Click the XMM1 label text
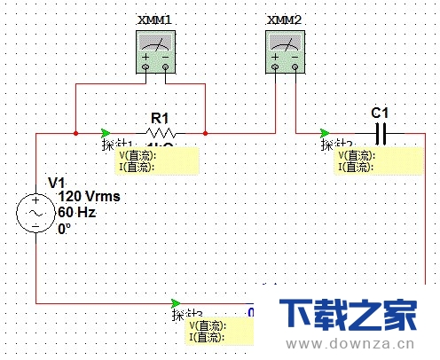(x=156, y=20)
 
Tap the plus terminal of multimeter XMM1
(x=146, y=67)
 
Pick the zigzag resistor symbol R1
(x=160, y=134)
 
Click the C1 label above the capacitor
(x=380, y=113)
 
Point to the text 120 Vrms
(x=89, y=196)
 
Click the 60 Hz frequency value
(x=76, y=213)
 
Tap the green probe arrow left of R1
(x=106, y=134)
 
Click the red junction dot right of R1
(x=206, y=134)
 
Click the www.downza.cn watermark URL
(x=356, y=345)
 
